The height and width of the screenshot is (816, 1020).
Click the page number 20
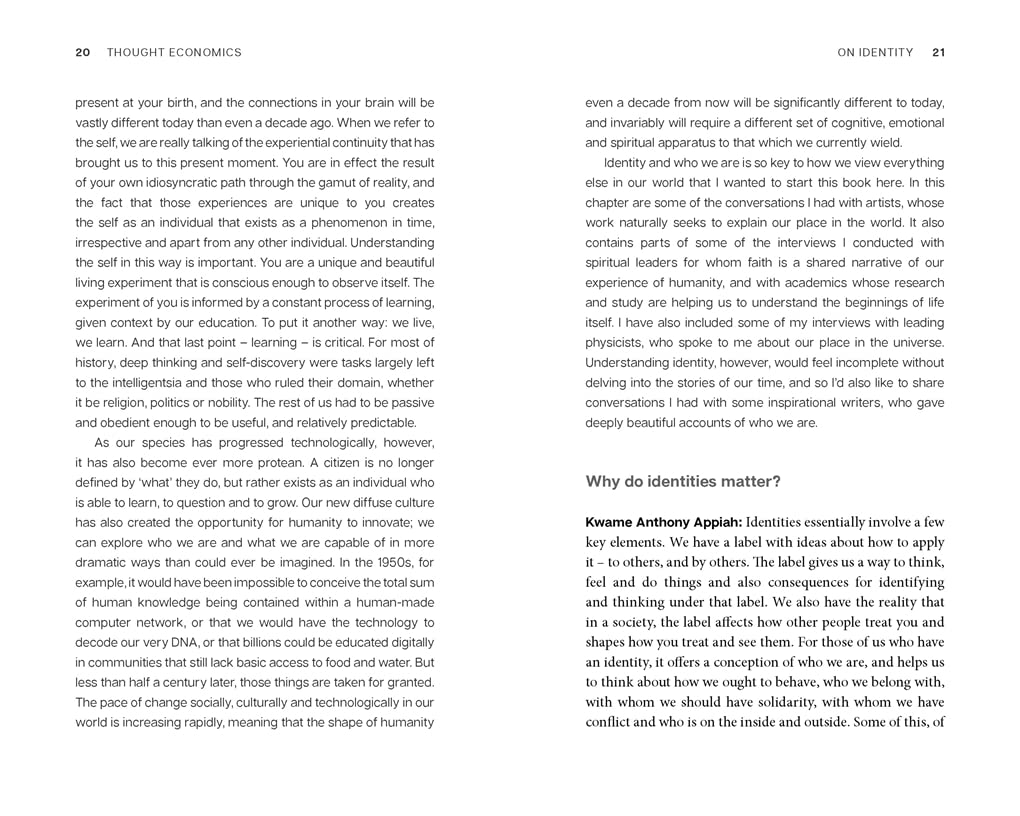point(83,53)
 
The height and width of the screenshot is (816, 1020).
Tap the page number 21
point(938,53)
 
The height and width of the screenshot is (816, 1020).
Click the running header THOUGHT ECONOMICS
point(174,53)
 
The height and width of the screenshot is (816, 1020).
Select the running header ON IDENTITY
point(875,53)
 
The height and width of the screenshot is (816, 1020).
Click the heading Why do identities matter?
point(683,482)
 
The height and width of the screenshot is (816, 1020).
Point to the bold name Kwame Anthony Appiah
point(662,522)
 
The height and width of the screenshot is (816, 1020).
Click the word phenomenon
point(340,223)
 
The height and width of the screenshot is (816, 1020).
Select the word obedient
point(127,423)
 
